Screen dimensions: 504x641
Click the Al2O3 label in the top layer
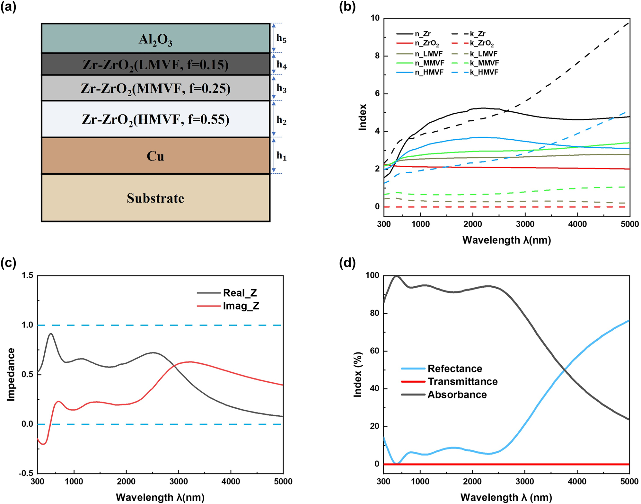point(155,40)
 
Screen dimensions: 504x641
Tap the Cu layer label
point(155,156)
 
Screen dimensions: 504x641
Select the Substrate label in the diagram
point(155,198)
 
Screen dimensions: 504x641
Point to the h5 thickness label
point(281,38)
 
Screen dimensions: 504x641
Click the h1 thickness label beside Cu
point(281,156)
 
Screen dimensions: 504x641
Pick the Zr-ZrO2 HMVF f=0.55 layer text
point(155,119)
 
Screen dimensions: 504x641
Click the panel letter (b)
point(347,7)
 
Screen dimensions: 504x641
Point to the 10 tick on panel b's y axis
point(375,18)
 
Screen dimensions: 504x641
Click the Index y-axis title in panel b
point(363,117)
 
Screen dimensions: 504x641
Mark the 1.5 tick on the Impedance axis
point(27,275)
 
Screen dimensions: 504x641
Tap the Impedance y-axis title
point(11,374)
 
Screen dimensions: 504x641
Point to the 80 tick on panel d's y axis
point(374,313)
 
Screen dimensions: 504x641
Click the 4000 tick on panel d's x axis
point(577,482)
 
